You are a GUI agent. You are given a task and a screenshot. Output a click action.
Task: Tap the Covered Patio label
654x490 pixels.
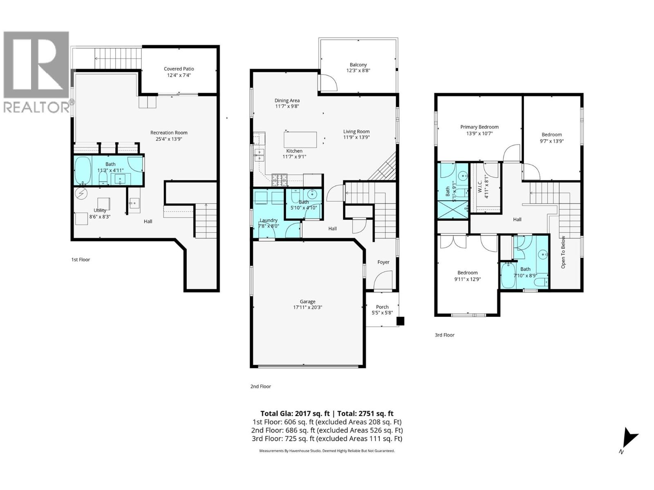tap(179, 69)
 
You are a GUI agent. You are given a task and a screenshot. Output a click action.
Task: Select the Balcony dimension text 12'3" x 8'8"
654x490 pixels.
tap(358, 70)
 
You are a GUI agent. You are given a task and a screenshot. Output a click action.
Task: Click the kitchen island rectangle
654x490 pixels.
tap(300, 139)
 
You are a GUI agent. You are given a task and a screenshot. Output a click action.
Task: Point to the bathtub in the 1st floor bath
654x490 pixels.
tap(83, 170)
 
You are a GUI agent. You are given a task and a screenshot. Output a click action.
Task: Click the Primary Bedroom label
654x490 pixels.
tap(479, 127)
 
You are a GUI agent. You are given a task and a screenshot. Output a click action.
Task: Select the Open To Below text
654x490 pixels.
tap(563, 252)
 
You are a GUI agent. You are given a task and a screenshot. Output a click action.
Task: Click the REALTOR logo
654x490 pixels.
tap(37, 71)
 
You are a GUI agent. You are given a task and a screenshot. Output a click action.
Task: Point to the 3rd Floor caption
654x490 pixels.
tap(444, 335)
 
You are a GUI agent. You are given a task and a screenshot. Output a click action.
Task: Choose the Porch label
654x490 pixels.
tap(382, 307)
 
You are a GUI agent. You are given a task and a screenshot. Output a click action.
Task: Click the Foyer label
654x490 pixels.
tap(383, 262)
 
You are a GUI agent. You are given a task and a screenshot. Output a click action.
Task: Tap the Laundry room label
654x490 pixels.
tap(268, 220)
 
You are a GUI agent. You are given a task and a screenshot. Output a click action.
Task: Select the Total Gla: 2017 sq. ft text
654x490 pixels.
tap(295, 413)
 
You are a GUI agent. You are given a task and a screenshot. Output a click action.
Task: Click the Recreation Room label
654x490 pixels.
tap(169, 133)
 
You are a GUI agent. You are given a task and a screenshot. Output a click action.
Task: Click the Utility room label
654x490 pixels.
tap(100, 210)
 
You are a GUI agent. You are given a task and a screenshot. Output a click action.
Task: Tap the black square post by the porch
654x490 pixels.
tap(401, 321)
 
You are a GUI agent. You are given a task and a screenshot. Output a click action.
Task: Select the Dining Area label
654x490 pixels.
tap(287, 100)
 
